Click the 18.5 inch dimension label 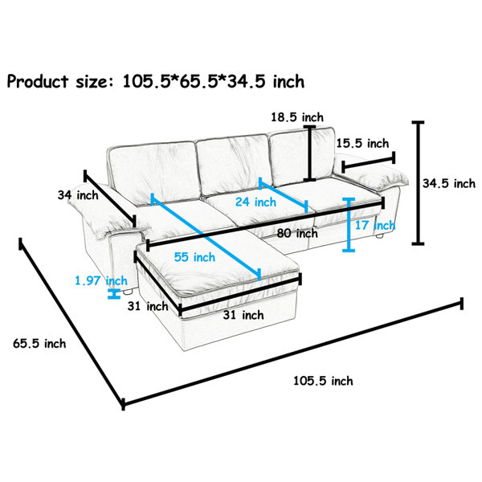pyautogui.click(x=297, y=117)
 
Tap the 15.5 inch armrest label pyautogui.click(x=362, y=143)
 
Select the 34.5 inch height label pyautogui.click(x=448, y=183)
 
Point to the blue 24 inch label pyautogui.click(x=255, y=202)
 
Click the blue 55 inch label pyautogui.click(x=194, y=257)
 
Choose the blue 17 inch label pyautogui.click(x=375, y=225)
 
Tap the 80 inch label pyautogui.click(x=297, y=233)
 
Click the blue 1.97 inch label pyautogui.click(x=101, y=280)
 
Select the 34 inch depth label pyautogui.click(x=78, y=195)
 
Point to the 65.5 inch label pyautogui.click(x=39, y=343)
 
